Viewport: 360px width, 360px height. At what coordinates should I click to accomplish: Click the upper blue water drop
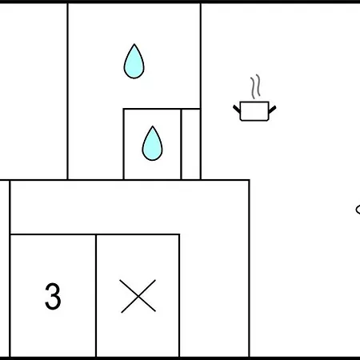click(x=134, y=62)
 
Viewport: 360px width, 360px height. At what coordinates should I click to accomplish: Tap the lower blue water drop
click(x=152, y=144)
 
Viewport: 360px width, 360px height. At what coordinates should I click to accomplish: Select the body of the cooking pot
click(x=254, y=111)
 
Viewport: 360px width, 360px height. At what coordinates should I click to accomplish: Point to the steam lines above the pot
click(x=255, y=86)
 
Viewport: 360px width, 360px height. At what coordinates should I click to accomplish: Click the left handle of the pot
click(x=237, y=109)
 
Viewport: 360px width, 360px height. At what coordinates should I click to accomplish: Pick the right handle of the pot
click(x=272, y=110)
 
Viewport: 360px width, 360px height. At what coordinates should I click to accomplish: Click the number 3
click(x=53, y=296)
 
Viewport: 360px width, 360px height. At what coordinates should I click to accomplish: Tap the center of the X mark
click(x=138, y=296)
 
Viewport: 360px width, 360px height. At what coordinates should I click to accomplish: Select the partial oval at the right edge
click(x=358, y=210)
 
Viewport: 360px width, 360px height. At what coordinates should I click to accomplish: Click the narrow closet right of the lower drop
click(x=190, y=144)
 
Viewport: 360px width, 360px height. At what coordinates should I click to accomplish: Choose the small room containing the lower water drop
click(x=152, y=144)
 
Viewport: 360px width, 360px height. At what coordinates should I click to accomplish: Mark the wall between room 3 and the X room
click(x=96, y=295)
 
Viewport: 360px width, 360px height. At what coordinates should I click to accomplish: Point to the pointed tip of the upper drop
click(x=134, y=44)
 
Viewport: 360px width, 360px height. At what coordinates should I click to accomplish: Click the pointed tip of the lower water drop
click(x=153, y=126)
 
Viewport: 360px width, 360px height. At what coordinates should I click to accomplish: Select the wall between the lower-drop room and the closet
click(x=181, y=144)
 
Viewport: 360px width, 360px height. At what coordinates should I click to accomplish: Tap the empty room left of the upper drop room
click(x=34, y=91)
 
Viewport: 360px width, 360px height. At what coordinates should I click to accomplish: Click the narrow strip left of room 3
click(x=5, y=269)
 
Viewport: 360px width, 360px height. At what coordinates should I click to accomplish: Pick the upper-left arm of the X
click(x=129, y=287)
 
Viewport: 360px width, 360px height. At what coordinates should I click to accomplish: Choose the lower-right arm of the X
click(x=147, y=304)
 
